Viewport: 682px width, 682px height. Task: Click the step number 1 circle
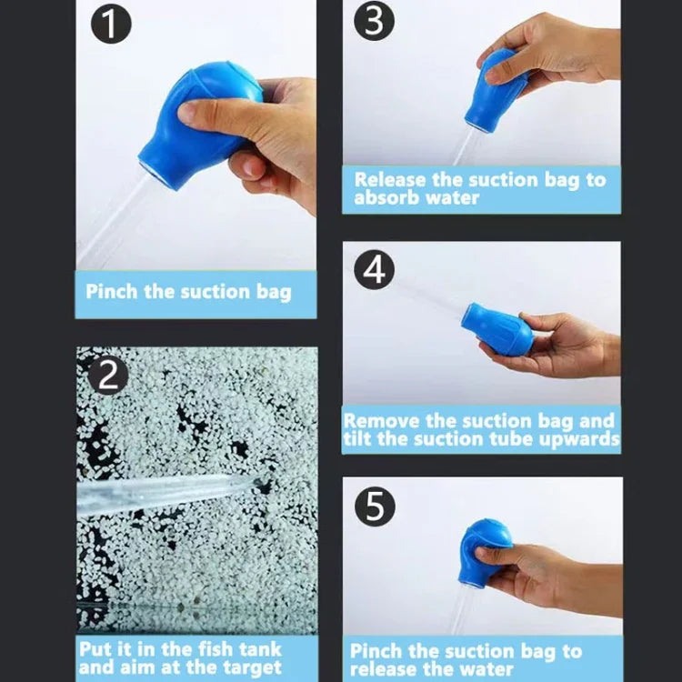[x=109, y=25]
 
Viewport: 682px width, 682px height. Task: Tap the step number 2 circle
[x=108, y=375]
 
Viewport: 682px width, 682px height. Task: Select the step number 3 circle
[x=373, y=22]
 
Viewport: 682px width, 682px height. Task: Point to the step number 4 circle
[x=374, y=270]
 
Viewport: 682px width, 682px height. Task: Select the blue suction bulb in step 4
[x=496, y=328]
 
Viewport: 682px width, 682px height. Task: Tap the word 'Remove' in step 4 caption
[x=382, y=421]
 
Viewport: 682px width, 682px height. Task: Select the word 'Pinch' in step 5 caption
[x=377, y=651]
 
